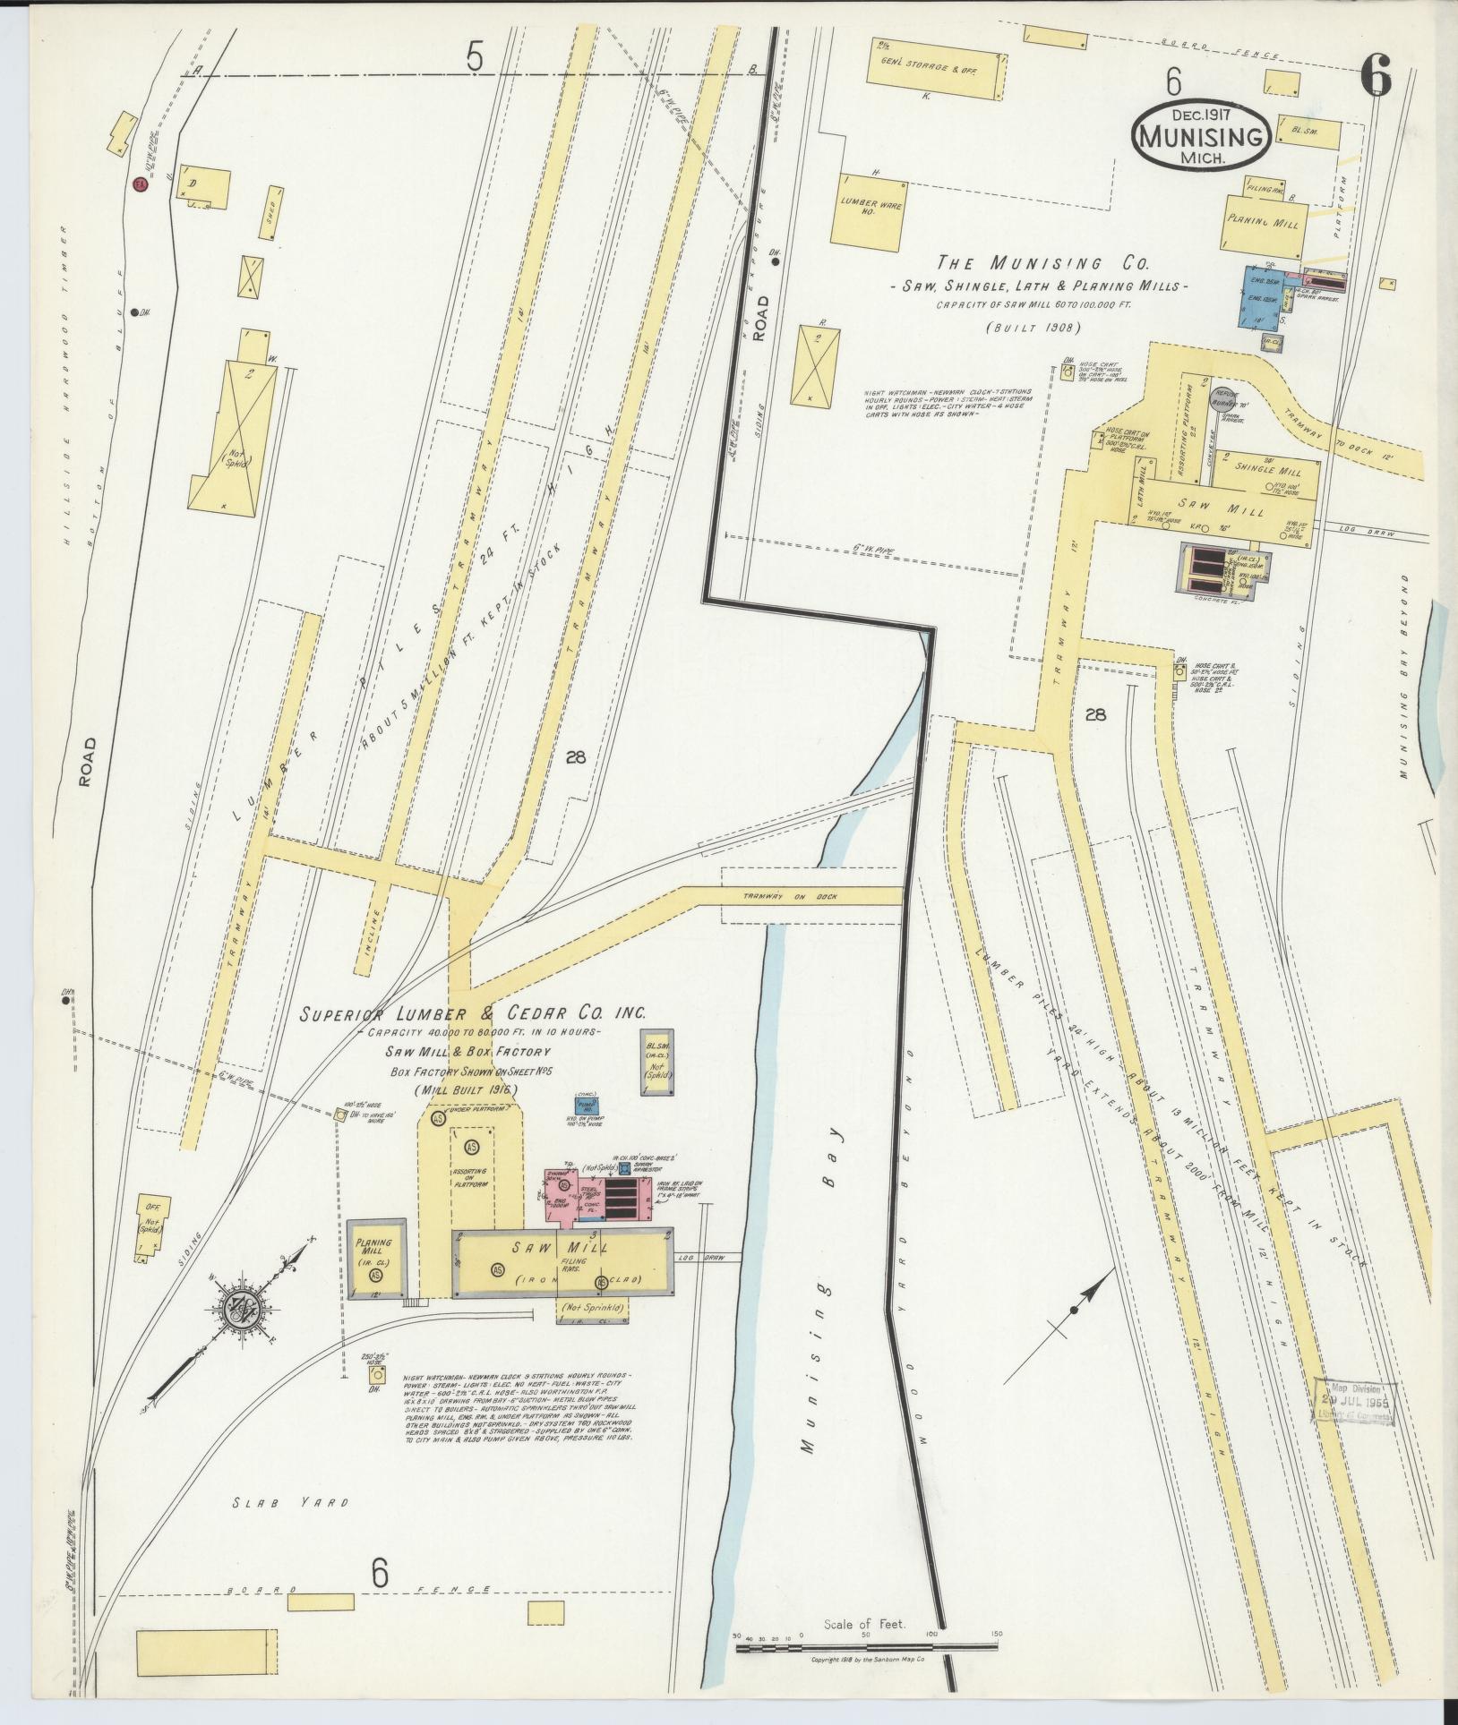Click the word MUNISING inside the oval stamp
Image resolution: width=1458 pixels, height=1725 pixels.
point(1200,137)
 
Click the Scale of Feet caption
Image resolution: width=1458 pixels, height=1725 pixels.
point(864,1624)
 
